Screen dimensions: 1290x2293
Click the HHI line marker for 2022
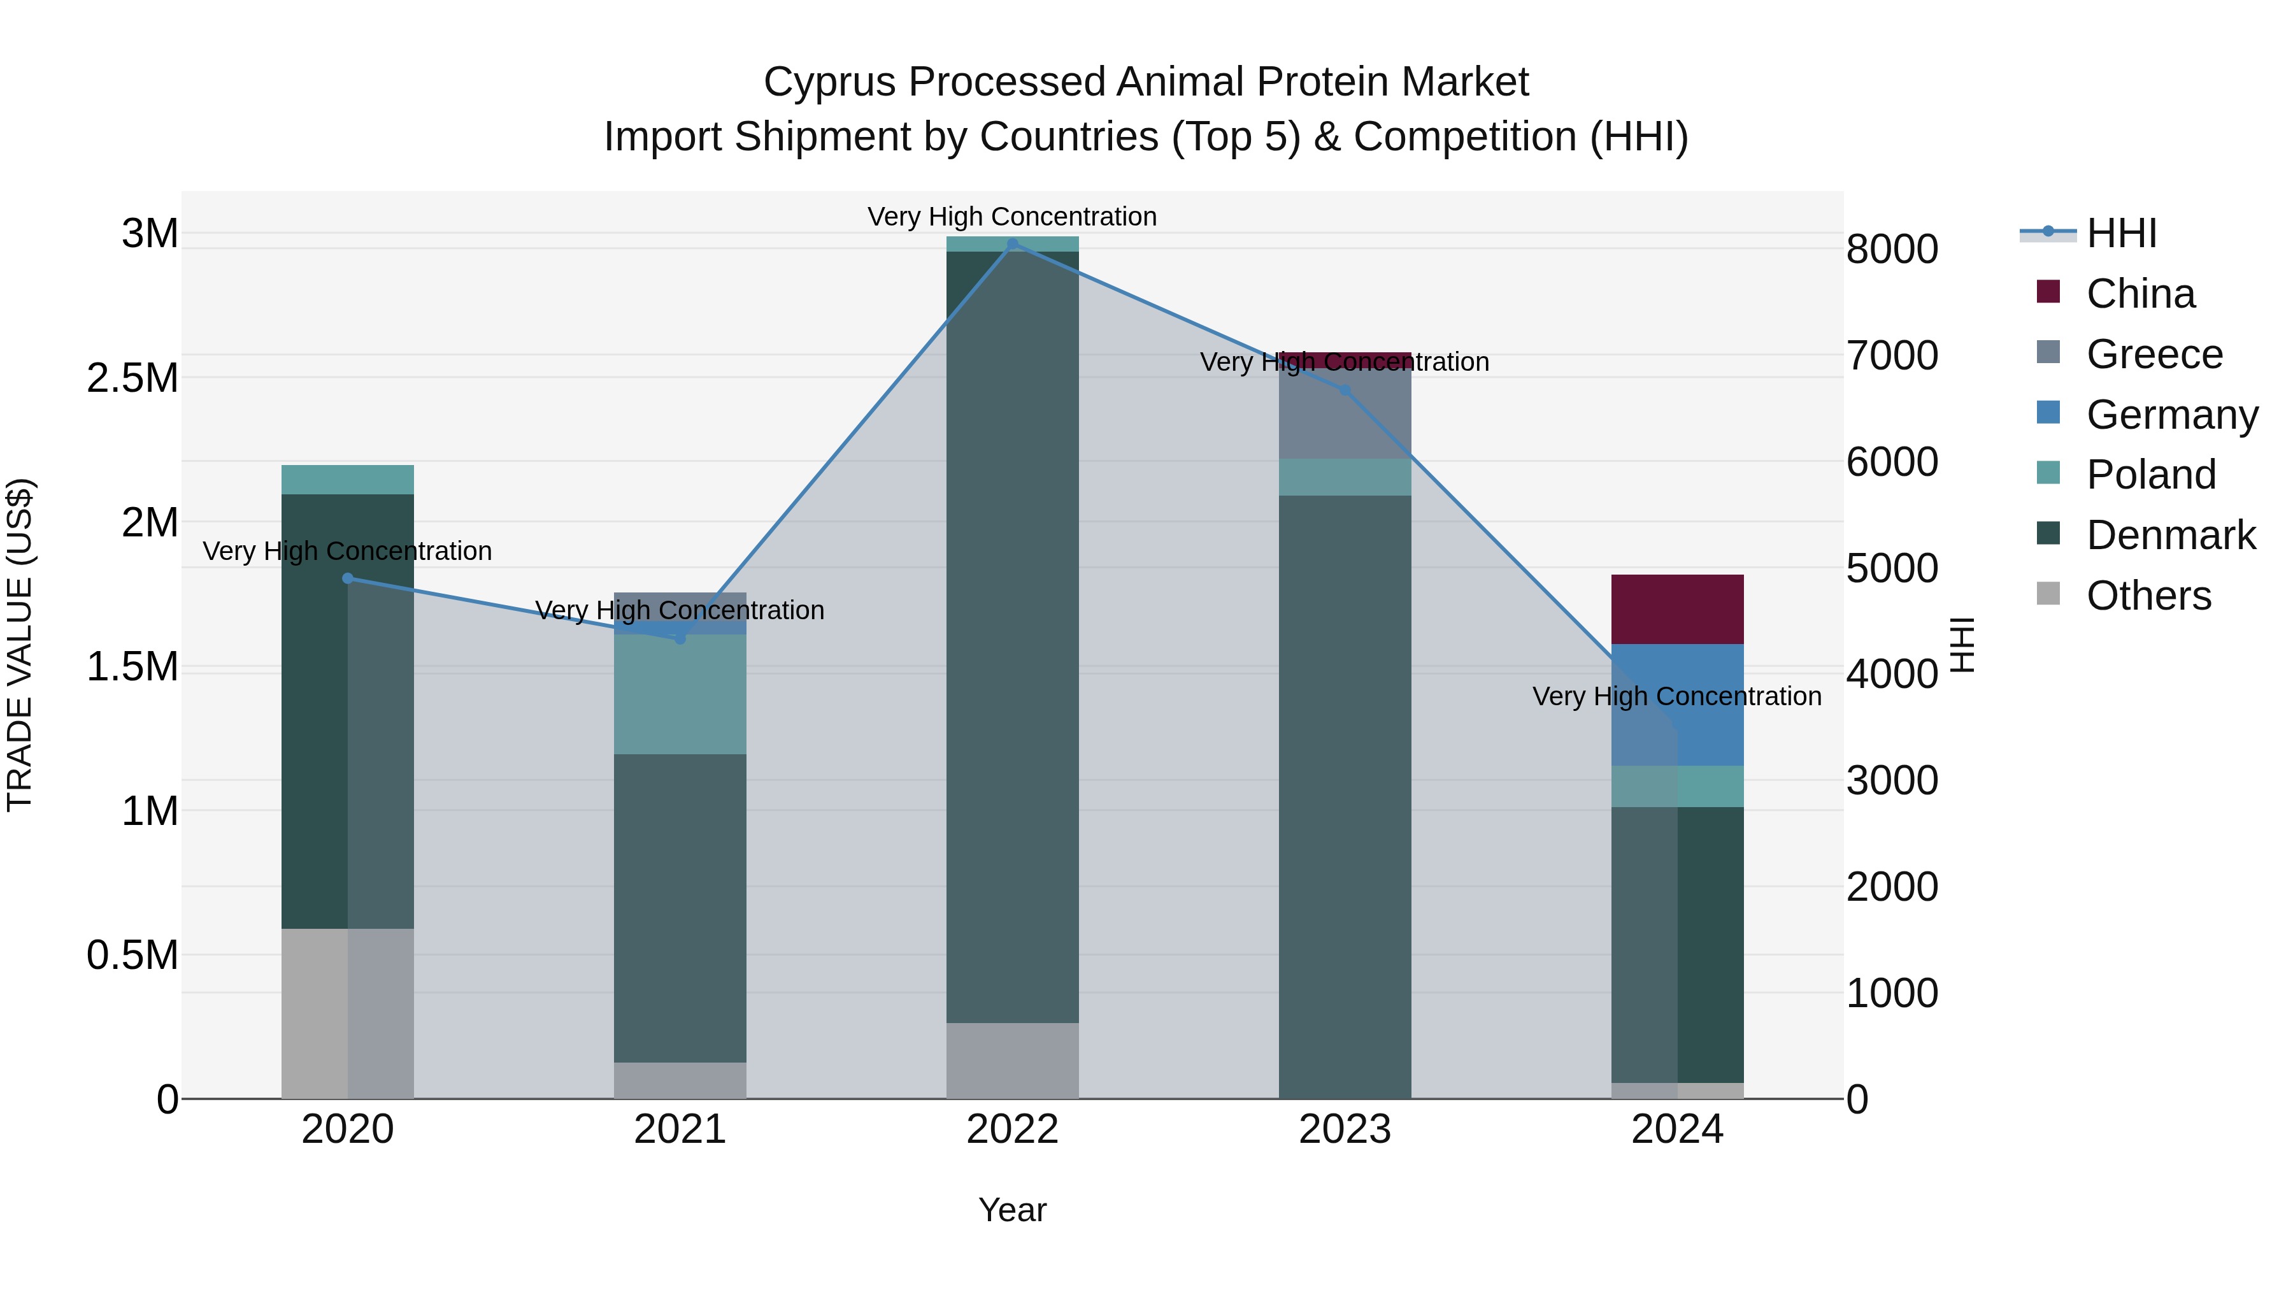pyautogui.click(x=1012, y=244)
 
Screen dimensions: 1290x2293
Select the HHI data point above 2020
pyautogui.click(x=348, y=578)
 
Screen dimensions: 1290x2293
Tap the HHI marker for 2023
pyautogui.click(x=1345, y=390)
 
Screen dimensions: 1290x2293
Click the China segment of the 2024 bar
pyautogui.click(x=1677, y=609)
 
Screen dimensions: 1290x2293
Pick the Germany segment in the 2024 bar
pyautogui.click(x=1677, y=704)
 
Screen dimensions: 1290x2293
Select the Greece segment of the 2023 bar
pyautogui.click(x=1345, y=414)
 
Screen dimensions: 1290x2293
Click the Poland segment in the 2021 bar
pyautogui.click(x=680, y=694)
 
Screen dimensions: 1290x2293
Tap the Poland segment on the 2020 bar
pyautogui.click(x=348, y=479)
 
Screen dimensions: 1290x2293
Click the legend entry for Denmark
pyautogui.click(x=2170, y=535)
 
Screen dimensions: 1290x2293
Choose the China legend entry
pyautogui.click(x=2140, y=294)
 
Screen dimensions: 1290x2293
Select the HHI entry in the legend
pyautogui.click(x=2120, y=233)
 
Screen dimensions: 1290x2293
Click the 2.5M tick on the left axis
pyautogui.click(x=132, y=378)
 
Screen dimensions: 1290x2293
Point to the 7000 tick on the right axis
pyautogui.click(x=1892, y=355)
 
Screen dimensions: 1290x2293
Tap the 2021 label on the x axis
pyautogui.click(x=680, y=1129)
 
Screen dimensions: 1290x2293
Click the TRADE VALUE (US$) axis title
pyautogui.click(x=20, y=645)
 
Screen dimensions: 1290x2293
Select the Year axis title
pyautogui.click(x=1012, y=1210)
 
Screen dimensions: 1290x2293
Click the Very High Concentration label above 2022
pyautogui.click(x=1012, y=217)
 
